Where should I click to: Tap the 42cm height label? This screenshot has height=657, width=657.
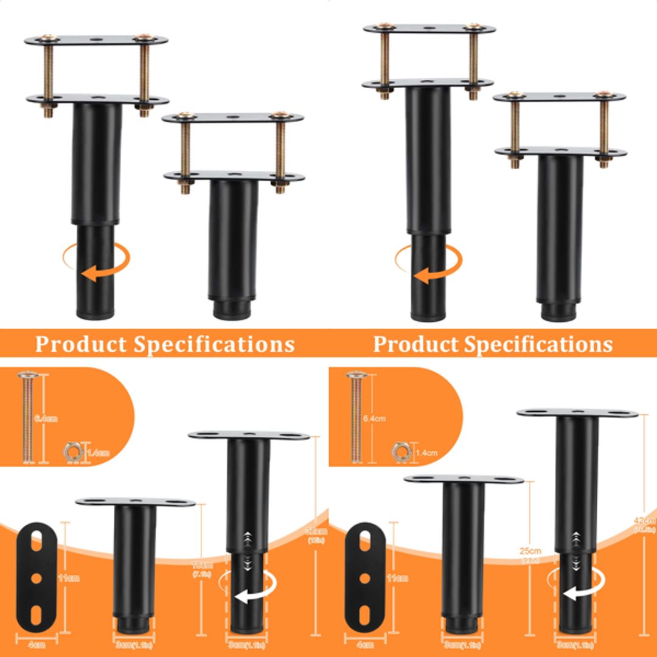[x=645, y=521]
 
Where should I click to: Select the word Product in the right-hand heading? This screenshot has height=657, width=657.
[x=415, y=344]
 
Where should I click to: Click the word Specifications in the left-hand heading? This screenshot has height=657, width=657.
[x=214, y=344]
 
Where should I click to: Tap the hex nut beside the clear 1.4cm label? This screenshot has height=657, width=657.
[x=400, y=451]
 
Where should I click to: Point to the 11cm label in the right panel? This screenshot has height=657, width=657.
[x=400, y=578]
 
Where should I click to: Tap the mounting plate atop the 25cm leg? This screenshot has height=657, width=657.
[x=464, y=479]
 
